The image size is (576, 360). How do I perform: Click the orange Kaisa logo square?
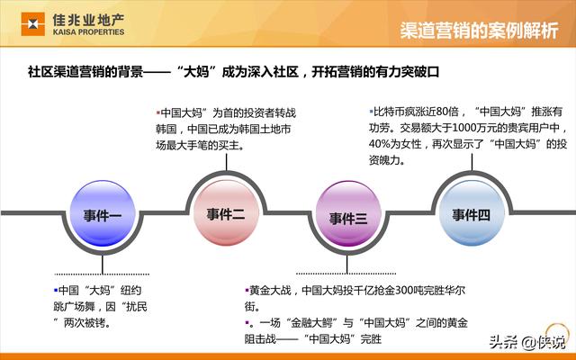click(33, 24)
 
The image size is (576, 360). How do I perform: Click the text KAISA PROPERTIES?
click(88, 32)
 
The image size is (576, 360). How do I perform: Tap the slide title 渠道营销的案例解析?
click(479, 30)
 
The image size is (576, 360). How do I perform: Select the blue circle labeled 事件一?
click(103, 213)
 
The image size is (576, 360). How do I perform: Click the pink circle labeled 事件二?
click(226, 213)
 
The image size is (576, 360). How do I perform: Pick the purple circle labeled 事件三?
click(348, 214)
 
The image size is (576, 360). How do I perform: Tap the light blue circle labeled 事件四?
click(472, 214)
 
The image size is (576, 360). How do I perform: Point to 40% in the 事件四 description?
click(379, 144)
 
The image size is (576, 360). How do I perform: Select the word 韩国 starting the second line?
click(166, 130)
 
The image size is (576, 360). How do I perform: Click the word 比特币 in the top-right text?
click(390, 112)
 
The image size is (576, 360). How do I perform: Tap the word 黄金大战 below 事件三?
click(270, 291)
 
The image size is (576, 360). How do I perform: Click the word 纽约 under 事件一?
click(131, 291)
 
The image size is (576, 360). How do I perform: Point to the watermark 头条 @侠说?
click(527, 342)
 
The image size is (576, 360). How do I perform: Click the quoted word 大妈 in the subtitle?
click(196, 72)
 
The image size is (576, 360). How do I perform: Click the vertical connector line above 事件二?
click(226, 162)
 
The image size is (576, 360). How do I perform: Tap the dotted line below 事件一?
click(102, 274)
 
